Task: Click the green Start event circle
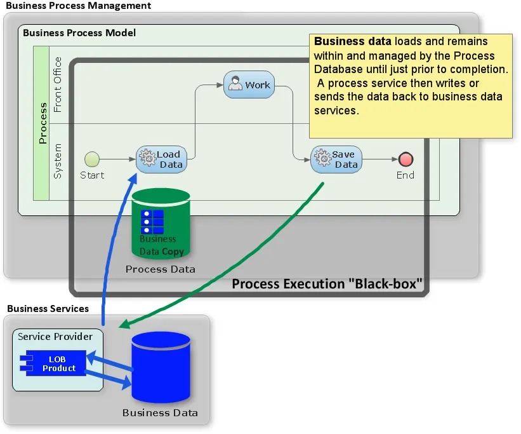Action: pos(92,159)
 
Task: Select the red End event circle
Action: pos(406,159)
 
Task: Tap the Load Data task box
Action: pos(162,159)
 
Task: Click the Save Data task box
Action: pos(336,159)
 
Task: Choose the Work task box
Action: pos(249,85)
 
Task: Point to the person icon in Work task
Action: pos(236,85)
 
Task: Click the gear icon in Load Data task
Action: pos(147,158)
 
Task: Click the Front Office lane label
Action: pos(58,85)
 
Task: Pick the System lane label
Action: pos(58,161)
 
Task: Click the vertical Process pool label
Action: pos(43,123)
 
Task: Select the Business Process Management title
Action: pos(78,6)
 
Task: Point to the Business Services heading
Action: pos(48,309)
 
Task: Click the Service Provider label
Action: pos(55,337)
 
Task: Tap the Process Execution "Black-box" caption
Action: pos(327,283)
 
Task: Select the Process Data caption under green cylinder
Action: pos(161,269)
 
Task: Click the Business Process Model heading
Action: pos(79,32)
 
